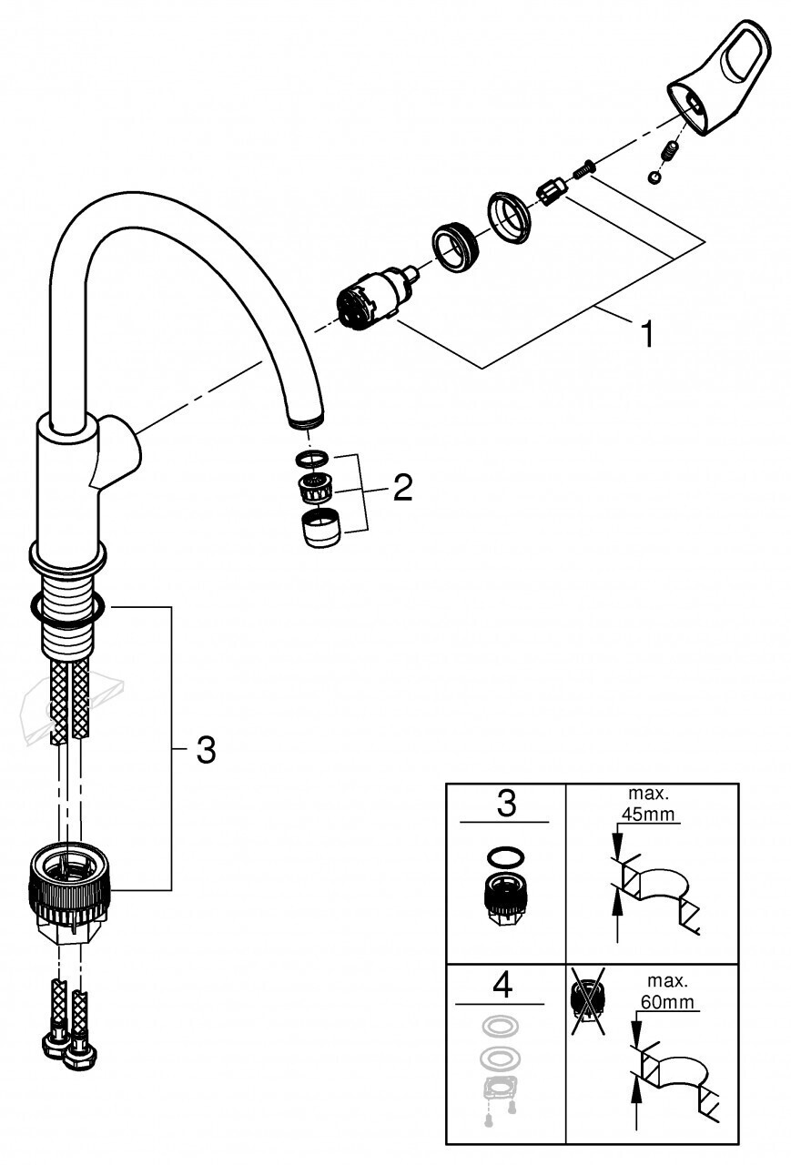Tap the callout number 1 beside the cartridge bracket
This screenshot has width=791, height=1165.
647,333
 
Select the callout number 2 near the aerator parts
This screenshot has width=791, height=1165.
403,487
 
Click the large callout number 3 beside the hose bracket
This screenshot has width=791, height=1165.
206,750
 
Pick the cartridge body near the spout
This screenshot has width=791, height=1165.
372,299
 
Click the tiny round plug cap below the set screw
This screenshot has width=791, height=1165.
654,177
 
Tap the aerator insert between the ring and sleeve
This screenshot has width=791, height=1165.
316,490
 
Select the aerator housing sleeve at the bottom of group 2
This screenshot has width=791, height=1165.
320,529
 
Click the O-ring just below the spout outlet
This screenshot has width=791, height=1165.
311,460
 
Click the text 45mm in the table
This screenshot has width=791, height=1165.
648,814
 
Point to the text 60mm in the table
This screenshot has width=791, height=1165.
667,1001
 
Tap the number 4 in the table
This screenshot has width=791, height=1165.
502,984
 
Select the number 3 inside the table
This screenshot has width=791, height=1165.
506,804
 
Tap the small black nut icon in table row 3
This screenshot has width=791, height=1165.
503,898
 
